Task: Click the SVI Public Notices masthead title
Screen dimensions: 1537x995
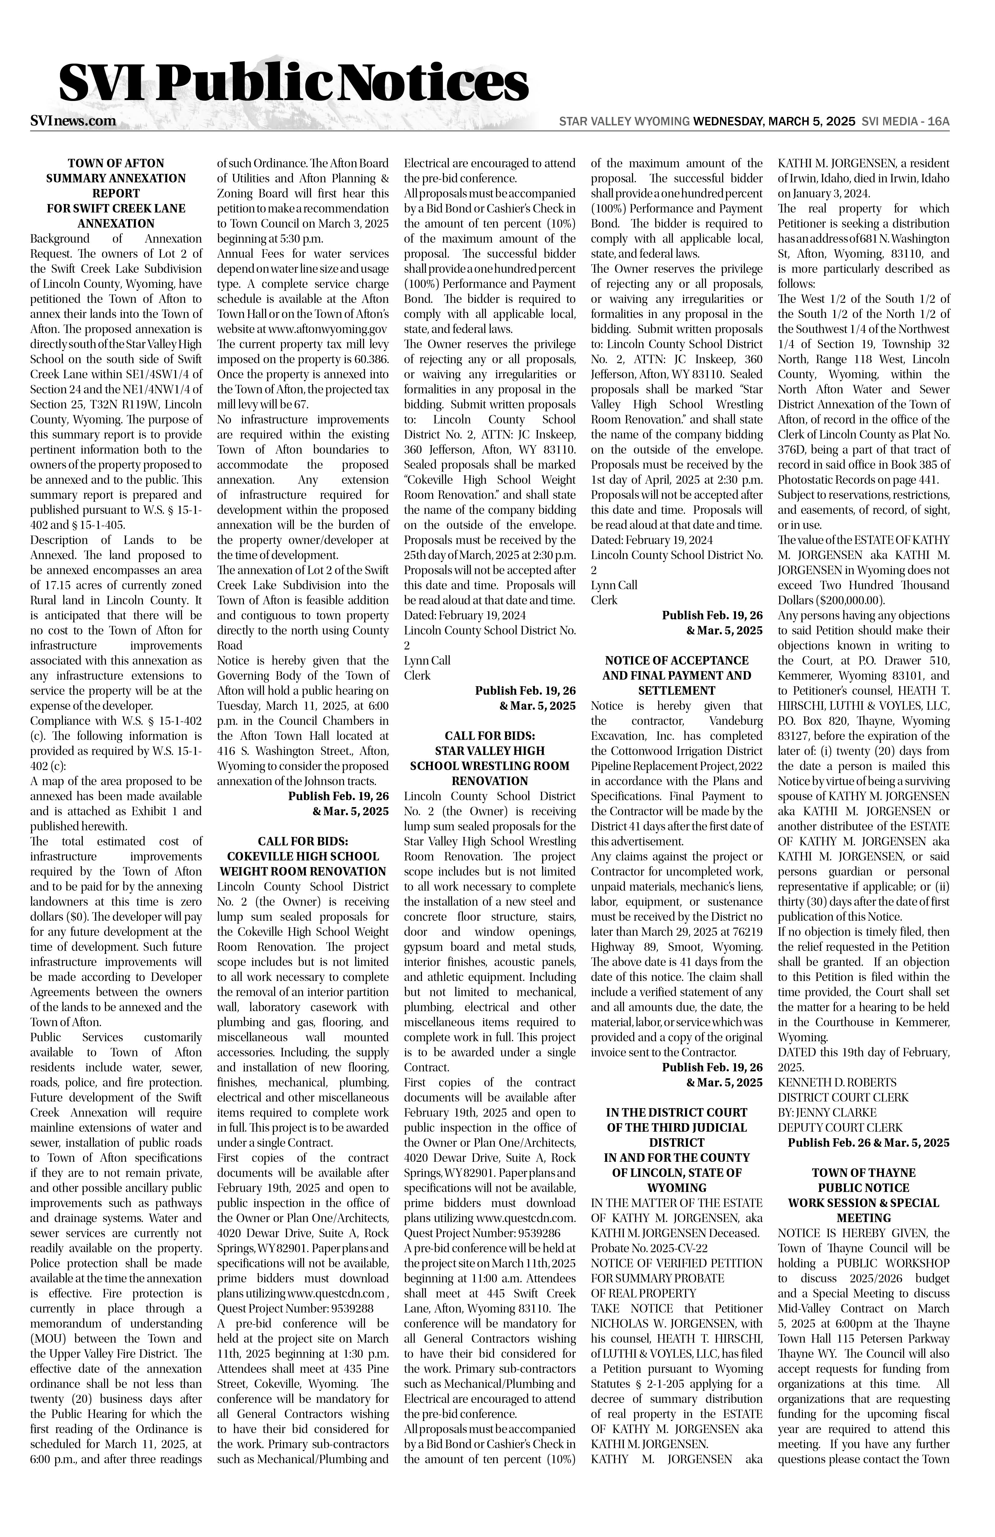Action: (294, 84)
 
